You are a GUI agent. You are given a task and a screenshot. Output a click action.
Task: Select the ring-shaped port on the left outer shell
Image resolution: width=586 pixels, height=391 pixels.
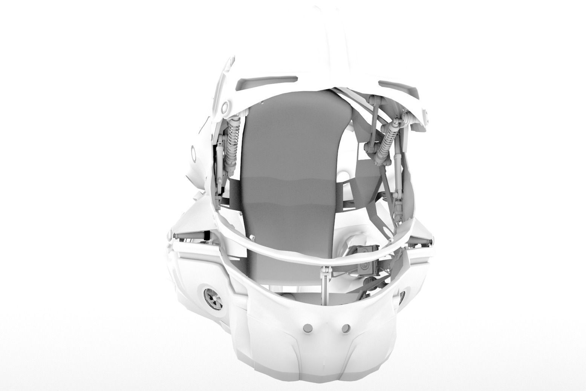click(194, 153)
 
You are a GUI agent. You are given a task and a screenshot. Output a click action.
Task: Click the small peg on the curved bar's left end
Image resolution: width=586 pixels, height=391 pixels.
click(252, 236)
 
